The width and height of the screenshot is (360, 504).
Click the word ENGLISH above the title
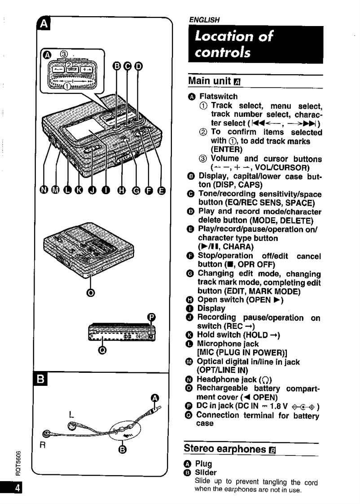tap(203, 19)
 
